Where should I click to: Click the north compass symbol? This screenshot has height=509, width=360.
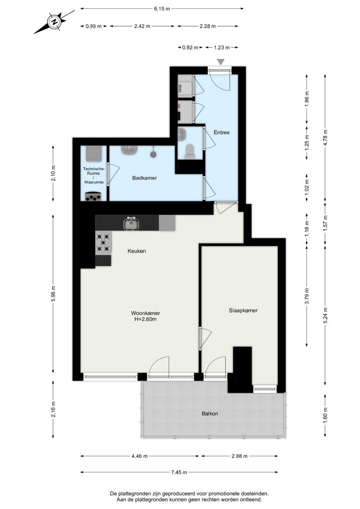point(54,22)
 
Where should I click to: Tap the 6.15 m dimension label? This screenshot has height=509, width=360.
point(162,9)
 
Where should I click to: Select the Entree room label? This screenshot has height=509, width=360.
point(221,132)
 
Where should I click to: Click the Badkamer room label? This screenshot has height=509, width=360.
point(145,178)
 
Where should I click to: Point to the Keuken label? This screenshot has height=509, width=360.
point(137,251)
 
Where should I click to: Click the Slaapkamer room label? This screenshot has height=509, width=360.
point(243,310)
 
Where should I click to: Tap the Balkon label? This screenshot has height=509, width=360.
point(210,414)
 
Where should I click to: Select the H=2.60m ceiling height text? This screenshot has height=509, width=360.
point(145,319)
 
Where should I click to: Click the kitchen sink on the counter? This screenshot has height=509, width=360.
point(131,224)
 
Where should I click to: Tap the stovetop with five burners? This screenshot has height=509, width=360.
point(103,242)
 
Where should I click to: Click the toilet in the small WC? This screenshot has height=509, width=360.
point(189,151)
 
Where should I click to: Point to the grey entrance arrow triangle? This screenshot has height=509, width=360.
point(221,62)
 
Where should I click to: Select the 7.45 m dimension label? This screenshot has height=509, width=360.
point(179,472)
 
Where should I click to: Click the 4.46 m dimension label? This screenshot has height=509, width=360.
point(140,456)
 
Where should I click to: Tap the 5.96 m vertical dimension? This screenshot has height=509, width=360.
point(54,293)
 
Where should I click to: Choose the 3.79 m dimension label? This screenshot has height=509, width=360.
point(307,296)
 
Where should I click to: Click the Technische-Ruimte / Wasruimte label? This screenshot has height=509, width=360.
point(94,175)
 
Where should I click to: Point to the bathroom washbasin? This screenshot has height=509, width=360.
point(129,150)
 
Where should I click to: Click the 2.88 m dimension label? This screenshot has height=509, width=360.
point(240,456)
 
